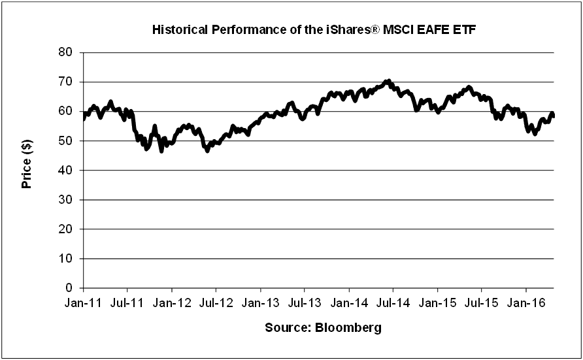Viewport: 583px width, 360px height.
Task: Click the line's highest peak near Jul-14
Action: tap(389, 81)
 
